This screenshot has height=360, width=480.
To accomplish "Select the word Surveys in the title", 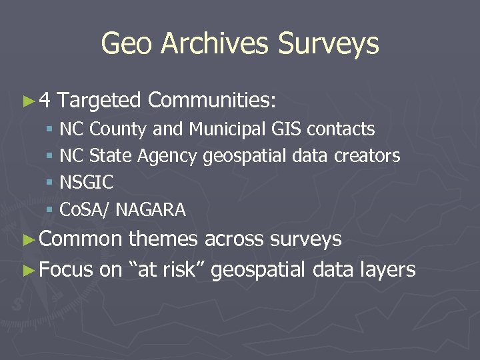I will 329,45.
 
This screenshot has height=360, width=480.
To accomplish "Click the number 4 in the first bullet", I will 45,101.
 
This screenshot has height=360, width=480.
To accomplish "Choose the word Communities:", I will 212,101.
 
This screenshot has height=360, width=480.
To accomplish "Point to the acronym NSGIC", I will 87,183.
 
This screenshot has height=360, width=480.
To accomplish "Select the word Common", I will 81,239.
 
